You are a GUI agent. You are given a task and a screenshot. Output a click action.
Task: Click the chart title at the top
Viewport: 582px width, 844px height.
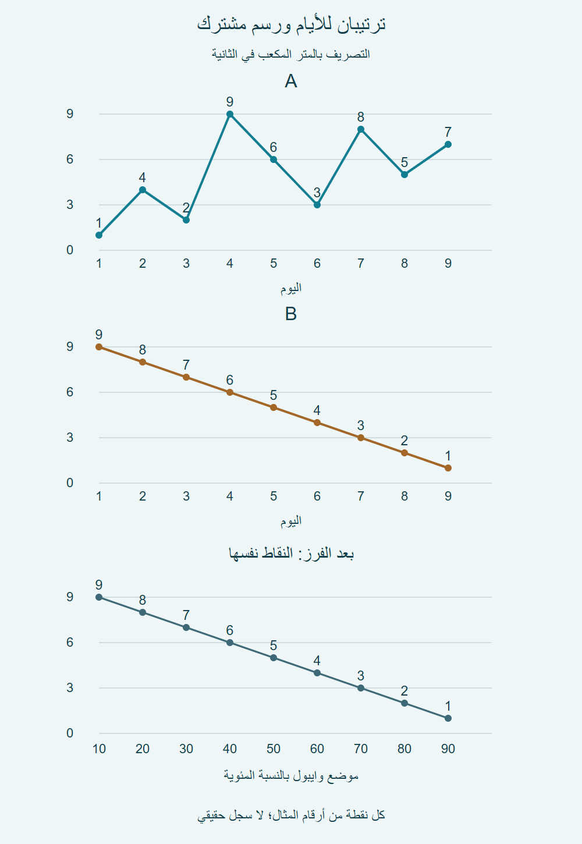291,24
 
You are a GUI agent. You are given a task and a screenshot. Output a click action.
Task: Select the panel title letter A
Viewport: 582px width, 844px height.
291,81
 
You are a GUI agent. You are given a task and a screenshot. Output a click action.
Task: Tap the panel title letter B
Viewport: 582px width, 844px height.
291,314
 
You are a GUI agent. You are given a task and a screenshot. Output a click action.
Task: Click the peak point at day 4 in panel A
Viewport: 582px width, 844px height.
230,114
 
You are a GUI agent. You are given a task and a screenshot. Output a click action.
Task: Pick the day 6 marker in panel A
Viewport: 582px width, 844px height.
317,205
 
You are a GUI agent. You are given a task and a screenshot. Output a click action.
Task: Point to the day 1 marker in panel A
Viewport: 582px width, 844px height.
99,235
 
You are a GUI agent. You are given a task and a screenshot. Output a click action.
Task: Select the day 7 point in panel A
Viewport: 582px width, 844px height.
361,129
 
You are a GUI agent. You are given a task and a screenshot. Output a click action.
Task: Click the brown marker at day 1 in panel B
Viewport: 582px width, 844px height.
99,347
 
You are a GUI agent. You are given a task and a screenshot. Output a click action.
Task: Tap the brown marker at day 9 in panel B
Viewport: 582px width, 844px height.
448,468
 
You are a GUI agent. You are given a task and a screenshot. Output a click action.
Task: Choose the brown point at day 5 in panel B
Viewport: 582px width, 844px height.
274,407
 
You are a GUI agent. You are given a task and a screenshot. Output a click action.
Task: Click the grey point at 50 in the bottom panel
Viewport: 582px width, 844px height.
274,658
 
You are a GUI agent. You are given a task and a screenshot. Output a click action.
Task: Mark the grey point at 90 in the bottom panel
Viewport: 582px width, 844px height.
448,718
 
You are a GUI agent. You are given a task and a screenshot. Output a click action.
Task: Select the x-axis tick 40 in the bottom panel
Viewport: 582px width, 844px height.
230,749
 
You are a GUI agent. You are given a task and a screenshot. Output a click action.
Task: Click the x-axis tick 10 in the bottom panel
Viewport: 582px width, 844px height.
99,749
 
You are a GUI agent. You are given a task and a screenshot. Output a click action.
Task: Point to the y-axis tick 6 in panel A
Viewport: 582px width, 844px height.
70,159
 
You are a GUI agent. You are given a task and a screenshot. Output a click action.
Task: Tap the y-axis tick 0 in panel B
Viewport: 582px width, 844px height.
70,483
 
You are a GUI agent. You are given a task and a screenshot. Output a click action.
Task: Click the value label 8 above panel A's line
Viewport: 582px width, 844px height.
361,117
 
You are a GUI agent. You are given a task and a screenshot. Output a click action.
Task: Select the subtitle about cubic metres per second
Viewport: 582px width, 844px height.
291,54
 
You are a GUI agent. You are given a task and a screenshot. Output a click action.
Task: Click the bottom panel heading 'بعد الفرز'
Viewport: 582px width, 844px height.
291,554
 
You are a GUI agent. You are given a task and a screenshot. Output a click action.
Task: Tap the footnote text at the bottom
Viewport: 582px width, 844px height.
291,815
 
